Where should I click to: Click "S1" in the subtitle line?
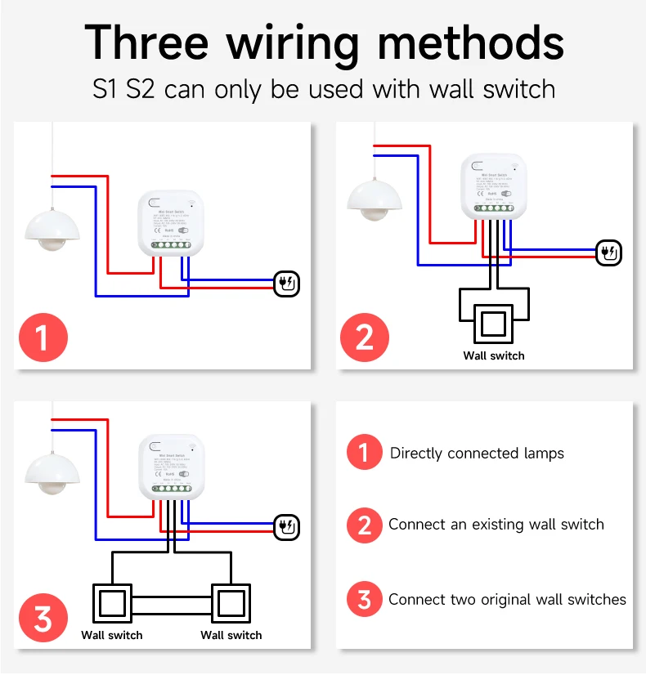[x=105, y=88]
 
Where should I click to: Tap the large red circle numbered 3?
[x=43, y=618]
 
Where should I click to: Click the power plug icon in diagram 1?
[x=287, y=284]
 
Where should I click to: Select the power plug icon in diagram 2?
[x=609, y=253]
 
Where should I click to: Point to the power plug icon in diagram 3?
[x=287, y=526]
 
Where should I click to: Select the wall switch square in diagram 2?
[x=492, y=323]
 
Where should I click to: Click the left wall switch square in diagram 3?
[x=111, y=603]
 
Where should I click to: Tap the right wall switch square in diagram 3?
[x=231, y=603]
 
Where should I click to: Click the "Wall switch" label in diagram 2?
[x=493, y=355]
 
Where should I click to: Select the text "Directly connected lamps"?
[x=477, y=454]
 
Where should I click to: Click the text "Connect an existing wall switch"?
[x=496, y=525]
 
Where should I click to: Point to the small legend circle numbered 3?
[x=364, y=599]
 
